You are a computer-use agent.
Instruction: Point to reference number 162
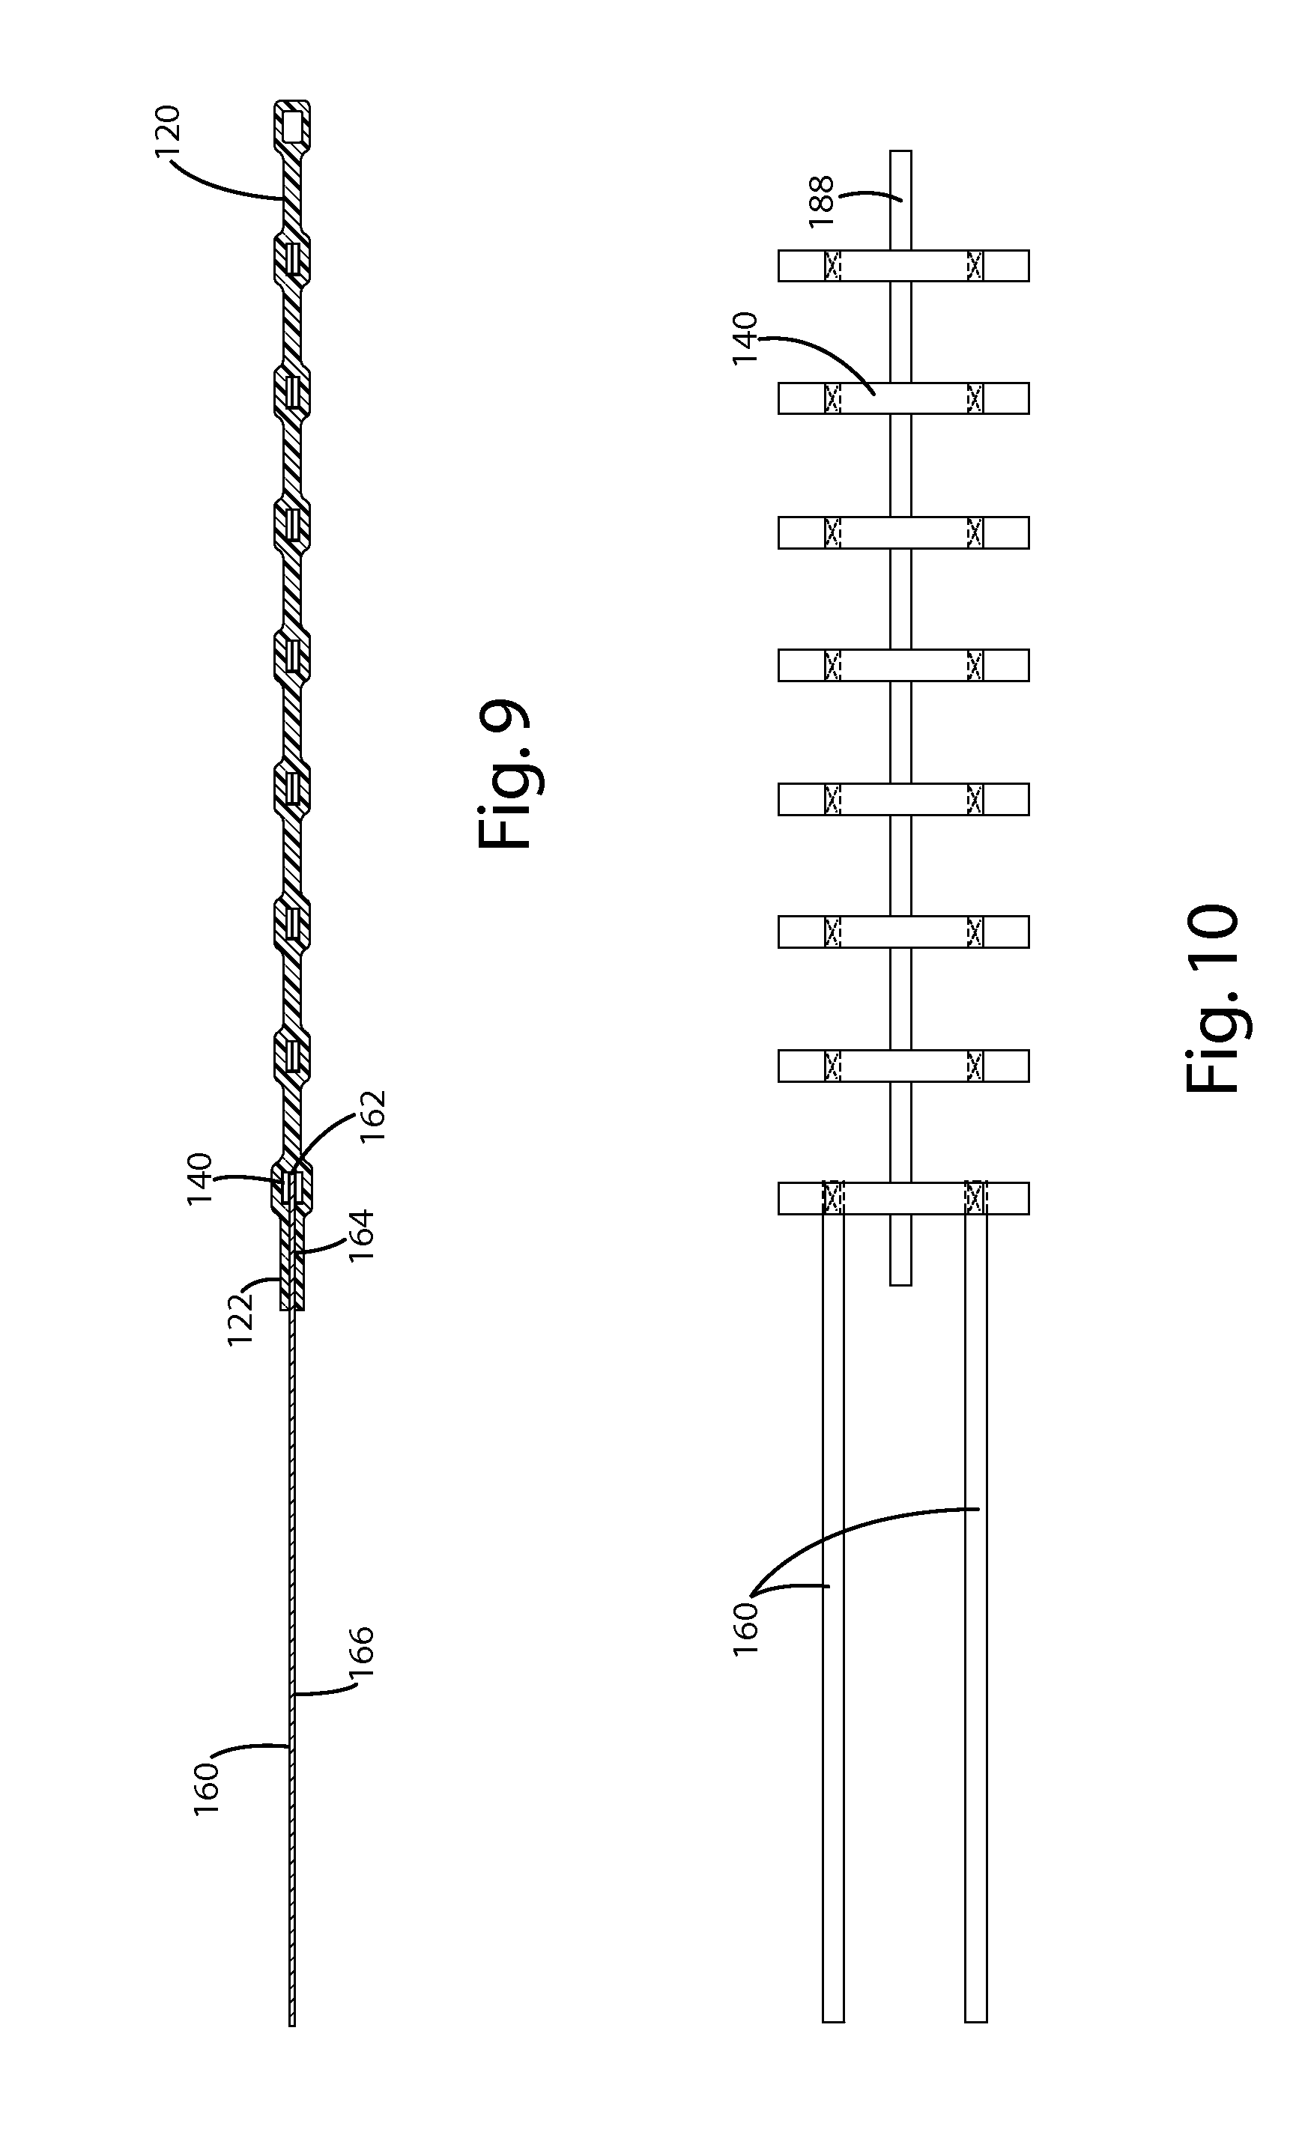373,1117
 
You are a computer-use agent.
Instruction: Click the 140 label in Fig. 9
200,1181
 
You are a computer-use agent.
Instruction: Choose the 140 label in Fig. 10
744,338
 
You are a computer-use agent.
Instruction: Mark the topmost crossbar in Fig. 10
903,266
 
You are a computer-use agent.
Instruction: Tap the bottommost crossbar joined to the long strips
903,1198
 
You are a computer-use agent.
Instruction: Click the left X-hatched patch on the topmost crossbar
832,266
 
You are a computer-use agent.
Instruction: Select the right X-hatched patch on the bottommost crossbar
975,1198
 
